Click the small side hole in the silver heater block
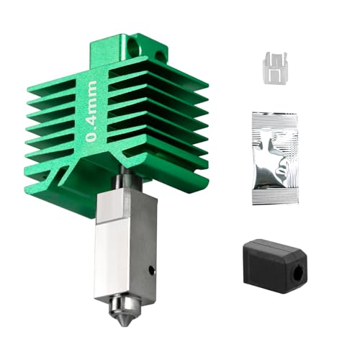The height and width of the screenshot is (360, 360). [150, 271]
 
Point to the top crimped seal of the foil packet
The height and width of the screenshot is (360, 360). [274, 120]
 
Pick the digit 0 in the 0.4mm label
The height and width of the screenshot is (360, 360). [92, 137]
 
